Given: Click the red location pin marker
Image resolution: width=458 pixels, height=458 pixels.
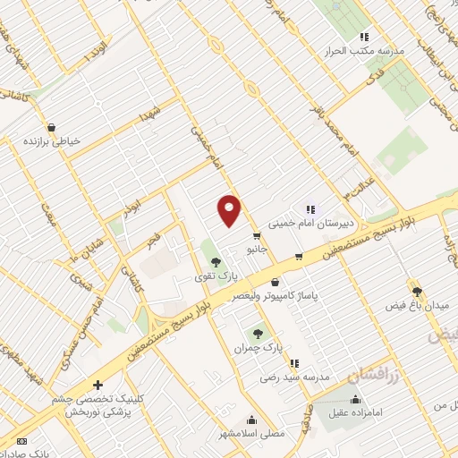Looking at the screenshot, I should point(230,210).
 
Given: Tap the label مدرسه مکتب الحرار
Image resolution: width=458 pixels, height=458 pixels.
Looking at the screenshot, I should point(364,50).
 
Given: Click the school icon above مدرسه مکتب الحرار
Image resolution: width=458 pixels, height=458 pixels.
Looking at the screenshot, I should point(364,37).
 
